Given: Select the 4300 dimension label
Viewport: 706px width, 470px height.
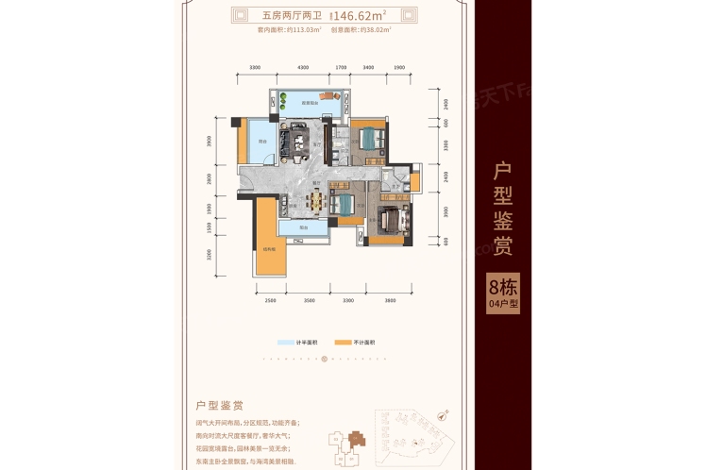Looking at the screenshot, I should pos(302,68).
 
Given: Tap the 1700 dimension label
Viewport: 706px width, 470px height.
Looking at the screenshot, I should pos(342,68).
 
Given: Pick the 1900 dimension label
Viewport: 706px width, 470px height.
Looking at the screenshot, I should pos(399,68).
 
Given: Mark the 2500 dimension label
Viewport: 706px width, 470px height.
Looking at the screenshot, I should pos(270,299).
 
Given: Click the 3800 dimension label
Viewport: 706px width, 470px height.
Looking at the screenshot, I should pos(391,299).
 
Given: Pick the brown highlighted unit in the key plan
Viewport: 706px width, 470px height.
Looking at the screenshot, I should pos(357,441).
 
